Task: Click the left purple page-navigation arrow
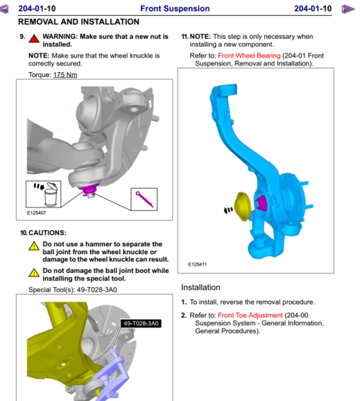click(4, 9)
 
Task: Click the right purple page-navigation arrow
click(348, 9)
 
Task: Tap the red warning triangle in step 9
click(34, 38)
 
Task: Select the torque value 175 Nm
click(65, 75)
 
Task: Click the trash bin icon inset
click(43, 194)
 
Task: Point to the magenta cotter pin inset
click(144, 199)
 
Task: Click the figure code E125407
click(37, 213)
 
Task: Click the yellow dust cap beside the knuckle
click(243, 206)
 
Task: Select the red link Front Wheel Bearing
click(249, 55)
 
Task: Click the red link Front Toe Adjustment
click(250, 315)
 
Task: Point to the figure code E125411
click(197, 264)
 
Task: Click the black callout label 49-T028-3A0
click(141, 323)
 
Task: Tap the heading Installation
click(201, 287)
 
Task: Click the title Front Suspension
click(175, 9)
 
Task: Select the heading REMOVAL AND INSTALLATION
click(78, 22)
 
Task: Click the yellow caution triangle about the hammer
click(34, 246)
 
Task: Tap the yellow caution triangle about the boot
click(34, 273)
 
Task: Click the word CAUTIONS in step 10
click(48, 233)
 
